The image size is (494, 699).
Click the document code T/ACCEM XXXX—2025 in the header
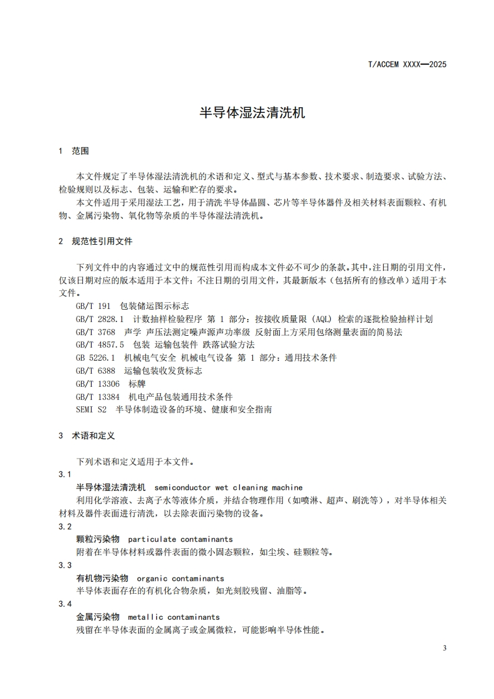[407, 64]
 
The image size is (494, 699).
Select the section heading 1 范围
[74, 151]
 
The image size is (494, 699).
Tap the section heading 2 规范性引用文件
[95, 240]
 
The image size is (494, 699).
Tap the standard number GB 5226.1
[95, 358]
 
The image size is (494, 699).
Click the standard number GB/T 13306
[98, 384]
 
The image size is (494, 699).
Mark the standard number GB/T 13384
[98, 397]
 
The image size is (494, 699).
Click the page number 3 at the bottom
[444, 649]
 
